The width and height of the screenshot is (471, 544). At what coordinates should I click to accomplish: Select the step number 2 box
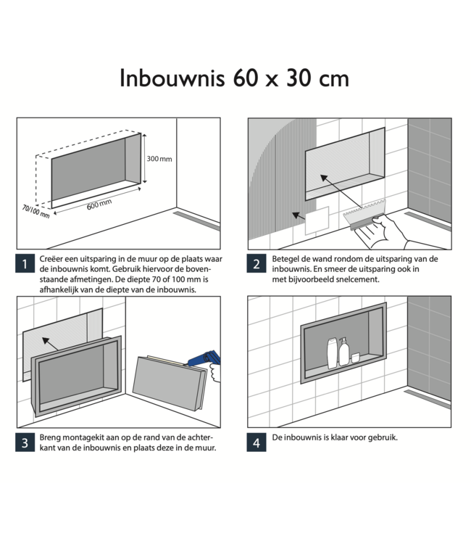click(256, 265)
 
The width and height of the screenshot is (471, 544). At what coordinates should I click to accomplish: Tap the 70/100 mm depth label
click(35, 212)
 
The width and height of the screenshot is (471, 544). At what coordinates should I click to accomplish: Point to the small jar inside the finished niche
click(356, 357)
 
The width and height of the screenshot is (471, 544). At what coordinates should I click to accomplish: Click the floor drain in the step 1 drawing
click(196, 221)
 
